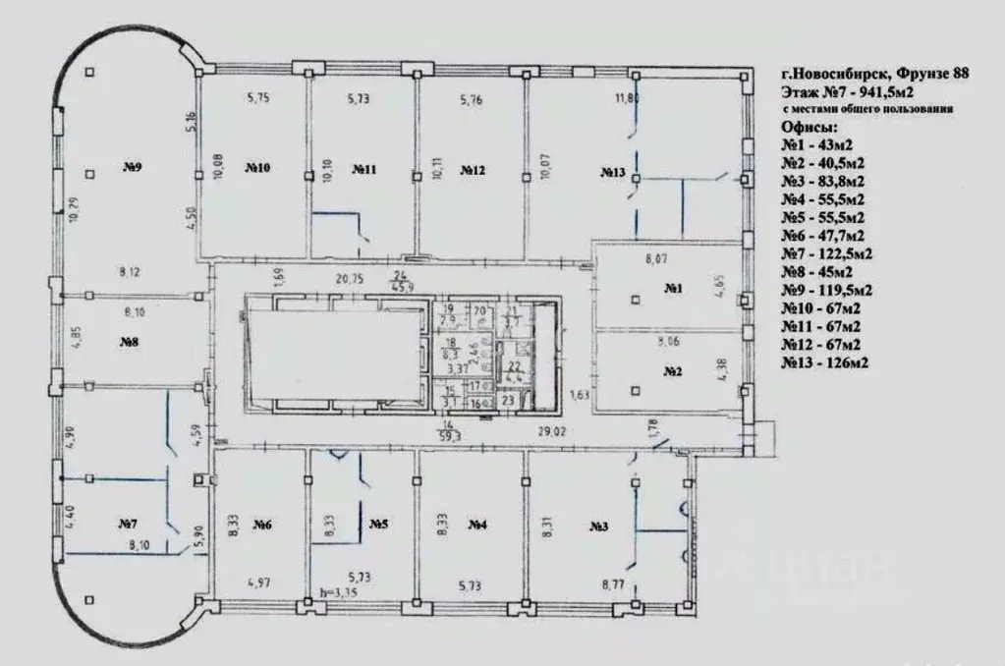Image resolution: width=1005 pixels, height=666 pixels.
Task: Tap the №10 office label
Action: point(257,169)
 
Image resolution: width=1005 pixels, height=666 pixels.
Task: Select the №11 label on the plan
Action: point(364,169)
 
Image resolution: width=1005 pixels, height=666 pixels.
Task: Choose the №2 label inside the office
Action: point(673,371)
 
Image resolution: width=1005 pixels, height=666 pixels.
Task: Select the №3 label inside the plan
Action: point(600,527)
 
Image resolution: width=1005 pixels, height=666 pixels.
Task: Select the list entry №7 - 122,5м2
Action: point(827,253)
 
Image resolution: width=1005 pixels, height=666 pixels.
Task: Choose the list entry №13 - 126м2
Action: point(825,363)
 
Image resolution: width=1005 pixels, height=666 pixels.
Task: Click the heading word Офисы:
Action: point(810,128)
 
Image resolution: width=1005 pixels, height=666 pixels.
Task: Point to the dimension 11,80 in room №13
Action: point(627,98)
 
